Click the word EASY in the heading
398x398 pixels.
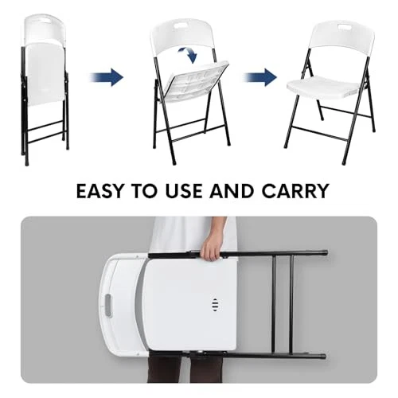point(100,191)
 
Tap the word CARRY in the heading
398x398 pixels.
point(295,191)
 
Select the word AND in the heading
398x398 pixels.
point(232,191)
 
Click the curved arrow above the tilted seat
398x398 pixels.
point(189,54)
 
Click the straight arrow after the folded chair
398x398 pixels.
point(107,77)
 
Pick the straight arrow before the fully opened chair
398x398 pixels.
point(260,77)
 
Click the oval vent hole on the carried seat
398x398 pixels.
point(215,306)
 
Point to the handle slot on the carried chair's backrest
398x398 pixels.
point(108,306)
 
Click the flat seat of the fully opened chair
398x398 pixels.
point(326,88)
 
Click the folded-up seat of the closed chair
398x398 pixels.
point(45,73)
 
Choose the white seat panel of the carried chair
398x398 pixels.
point(189,304)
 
